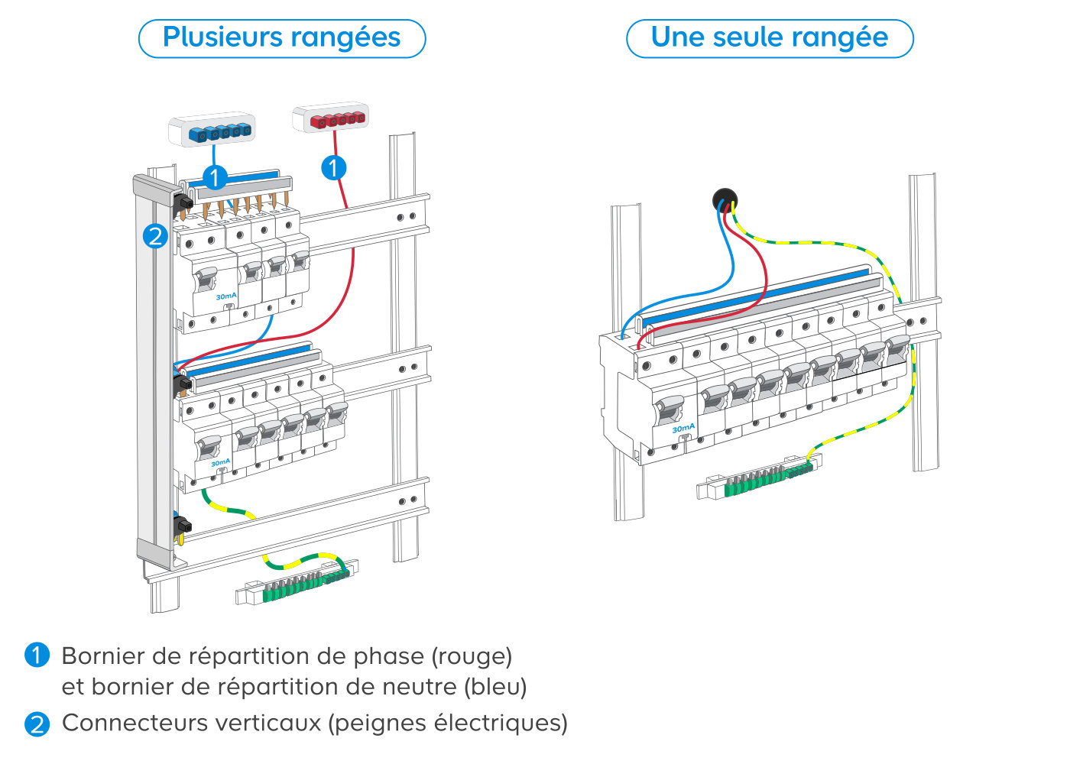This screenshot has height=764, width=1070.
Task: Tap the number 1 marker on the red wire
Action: coord(333,167)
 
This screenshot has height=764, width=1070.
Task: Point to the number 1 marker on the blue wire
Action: coord(215,177)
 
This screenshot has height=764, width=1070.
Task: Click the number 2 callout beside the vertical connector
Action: coord(155,236)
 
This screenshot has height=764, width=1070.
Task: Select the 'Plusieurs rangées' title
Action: coord(281,37)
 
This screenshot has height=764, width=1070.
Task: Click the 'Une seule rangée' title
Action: coord(769,37)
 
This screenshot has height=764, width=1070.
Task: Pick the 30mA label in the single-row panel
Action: coord(683,428)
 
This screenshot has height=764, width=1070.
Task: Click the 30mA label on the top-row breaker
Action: coord(226,296)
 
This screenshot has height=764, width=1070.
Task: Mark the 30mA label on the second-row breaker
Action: coord(220,462)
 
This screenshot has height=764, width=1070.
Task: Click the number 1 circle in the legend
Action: coord(37,656)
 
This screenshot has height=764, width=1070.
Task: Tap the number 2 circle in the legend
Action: coord(37,724)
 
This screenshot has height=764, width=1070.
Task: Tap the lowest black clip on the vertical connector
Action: coord(183,526)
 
